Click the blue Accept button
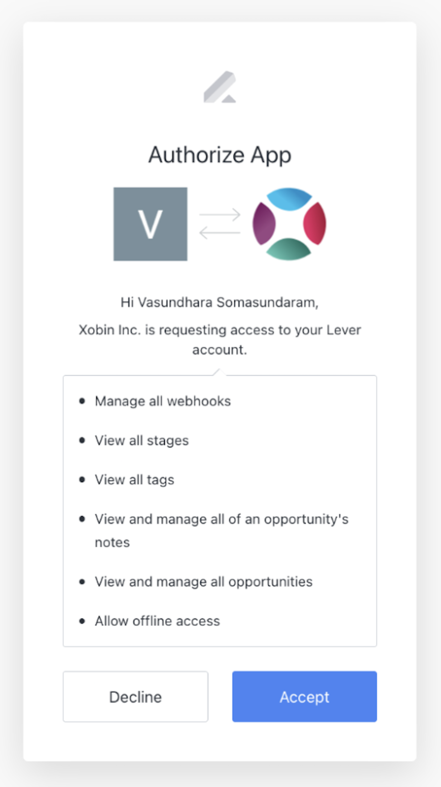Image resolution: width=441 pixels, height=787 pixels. [x=304, y=696]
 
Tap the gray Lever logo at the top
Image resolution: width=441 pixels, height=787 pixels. [x=220, y=87]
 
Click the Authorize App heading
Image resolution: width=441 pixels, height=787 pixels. [x=220, y=155]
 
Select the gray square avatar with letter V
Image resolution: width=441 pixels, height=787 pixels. [x=150, y=224]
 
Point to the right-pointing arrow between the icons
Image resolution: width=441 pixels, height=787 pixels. [x=220, y=214]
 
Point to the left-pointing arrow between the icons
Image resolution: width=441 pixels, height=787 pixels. [x=220, y=233]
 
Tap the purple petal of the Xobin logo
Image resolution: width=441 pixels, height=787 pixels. [x=264, y=224]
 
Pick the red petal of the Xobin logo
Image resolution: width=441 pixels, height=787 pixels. [x=315, y=224]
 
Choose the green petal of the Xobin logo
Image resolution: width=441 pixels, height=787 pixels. [x=289, y=249]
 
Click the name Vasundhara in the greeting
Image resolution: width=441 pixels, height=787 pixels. [x=175, y=302]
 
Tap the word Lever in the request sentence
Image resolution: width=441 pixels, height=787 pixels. [x=344, y=330]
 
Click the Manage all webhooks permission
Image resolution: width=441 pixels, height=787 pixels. [x=163, y=401]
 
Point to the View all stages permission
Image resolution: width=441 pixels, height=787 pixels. [x=142, y=440]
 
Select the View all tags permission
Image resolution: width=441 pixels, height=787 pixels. [x=134, y=480]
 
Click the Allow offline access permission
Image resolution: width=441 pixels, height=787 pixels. [x=158, y=621]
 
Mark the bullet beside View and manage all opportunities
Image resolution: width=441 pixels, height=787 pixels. [x=82, y=582]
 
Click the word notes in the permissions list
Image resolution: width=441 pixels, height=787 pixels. [x=112, y=542]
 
